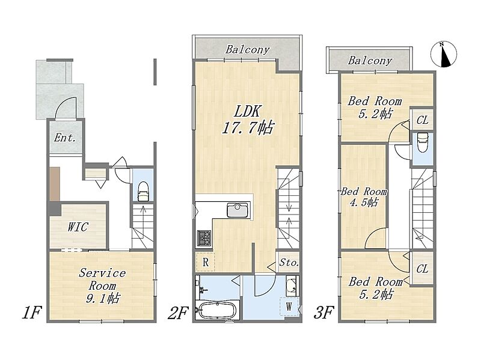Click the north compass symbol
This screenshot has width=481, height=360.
coord(444,54)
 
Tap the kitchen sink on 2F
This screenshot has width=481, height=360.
coord(237,210)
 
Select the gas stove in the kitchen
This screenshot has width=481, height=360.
coord(203,238)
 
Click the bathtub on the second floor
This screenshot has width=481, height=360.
coord(218,310)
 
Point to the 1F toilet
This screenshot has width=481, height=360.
coord(143,192)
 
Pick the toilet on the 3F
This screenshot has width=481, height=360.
coord(423,142)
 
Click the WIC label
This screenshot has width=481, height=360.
coord(78,227)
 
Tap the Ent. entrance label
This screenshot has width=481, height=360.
coord(65,138)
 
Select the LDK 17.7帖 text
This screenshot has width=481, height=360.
coord(247,119)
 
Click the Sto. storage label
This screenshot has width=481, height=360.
coord(289,263)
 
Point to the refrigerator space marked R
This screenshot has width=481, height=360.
coord(206,262)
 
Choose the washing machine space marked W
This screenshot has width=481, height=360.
coord(289,307)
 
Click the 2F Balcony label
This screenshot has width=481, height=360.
coord(248,49)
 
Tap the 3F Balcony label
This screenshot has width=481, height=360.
coord(370,61)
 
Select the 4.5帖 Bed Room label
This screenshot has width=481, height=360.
coord(364,197)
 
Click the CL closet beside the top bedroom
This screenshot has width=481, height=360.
coord(422,120)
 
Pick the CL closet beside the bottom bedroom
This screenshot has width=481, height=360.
coord(422,269)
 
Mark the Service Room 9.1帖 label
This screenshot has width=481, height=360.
coord(102,285)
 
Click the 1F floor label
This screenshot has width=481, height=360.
coord(31,313)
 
